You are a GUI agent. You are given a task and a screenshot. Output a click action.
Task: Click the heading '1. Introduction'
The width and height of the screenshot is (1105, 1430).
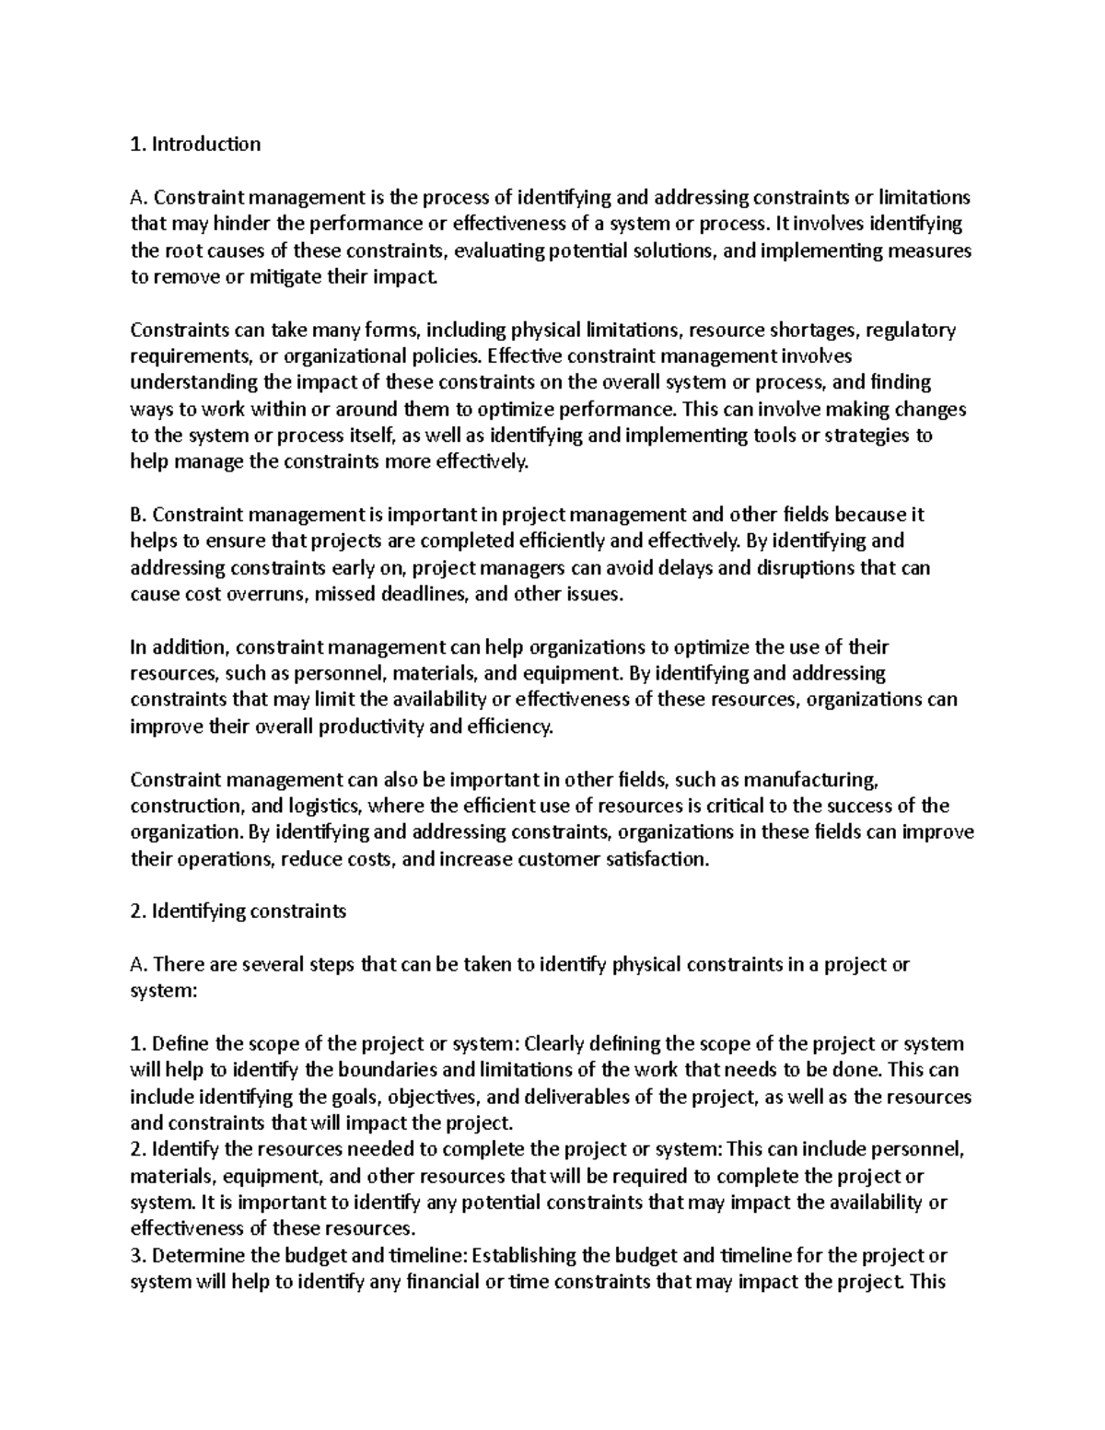pos(195,144)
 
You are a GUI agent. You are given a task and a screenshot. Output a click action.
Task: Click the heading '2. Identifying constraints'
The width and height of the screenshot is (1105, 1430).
pos(238,912)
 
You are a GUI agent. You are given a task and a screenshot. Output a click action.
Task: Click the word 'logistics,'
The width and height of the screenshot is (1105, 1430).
pos(319,807)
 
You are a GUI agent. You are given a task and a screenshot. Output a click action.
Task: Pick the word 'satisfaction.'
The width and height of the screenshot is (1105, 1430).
pos(654,859)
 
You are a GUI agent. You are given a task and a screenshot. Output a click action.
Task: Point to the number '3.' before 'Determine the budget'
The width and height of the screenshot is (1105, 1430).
pos(138,1255)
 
